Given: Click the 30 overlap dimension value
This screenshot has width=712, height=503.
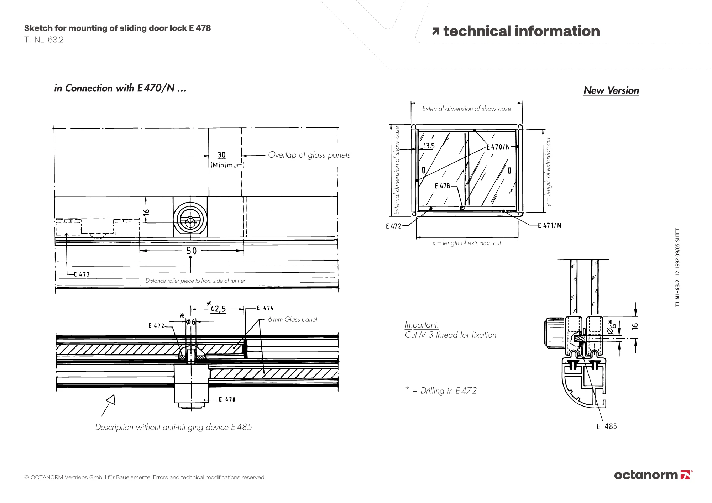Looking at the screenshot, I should [221, 155].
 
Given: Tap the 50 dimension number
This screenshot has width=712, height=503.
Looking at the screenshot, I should [191, 251].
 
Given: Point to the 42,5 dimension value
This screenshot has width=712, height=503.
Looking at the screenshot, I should [218, 309].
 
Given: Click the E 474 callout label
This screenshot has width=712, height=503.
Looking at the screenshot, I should [265, 308].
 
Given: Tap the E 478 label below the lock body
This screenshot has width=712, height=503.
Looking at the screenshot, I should [227, 399].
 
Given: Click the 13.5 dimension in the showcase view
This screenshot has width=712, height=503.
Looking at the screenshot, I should [429, 146].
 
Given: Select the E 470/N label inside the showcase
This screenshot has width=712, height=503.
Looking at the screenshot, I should [498, 147].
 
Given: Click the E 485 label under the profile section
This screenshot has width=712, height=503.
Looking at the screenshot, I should [607, 426].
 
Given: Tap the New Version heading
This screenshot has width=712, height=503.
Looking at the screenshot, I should [611, 90].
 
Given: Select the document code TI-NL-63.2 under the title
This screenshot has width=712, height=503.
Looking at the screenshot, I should [44, 40].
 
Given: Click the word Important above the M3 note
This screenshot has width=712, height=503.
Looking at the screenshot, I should [422, 325].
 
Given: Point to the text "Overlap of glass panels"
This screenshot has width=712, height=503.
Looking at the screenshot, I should [309, 155].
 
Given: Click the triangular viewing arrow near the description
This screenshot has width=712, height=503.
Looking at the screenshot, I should [111, 400].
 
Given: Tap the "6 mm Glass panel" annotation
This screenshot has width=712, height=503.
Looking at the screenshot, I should [292, 319].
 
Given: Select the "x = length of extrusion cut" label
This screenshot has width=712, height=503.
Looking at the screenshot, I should [466, 243].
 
